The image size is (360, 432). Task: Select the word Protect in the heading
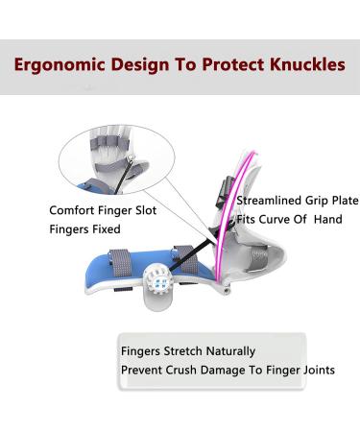pos(225,66)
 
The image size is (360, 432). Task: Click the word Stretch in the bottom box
pos(181,351)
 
